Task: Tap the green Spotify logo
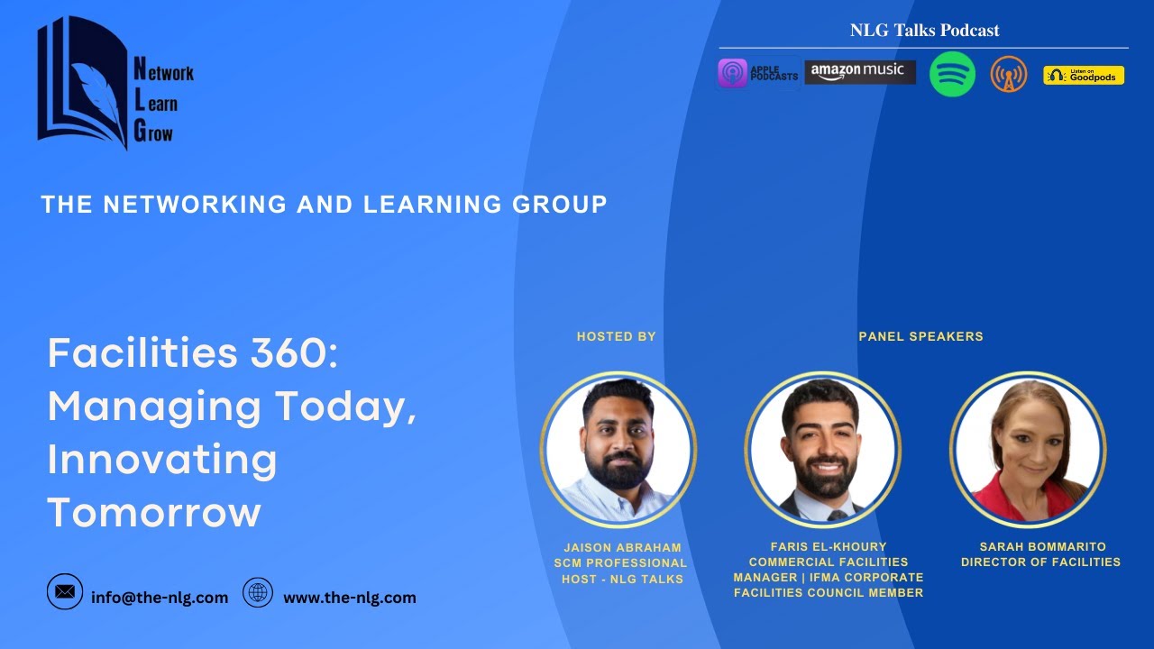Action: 952,74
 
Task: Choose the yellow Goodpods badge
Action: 1084,75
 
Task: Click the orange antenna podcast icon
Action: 1008,74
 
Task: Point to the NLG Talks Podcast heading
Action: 924,31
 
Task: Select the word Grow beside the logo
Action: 153,133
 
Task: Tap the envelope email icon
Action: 65,591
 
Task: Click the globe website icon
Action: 259,592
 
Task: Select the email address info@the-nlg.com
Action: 160,598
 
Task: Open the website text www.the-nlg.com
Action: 350,598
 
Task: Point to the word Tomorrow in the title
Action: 153,513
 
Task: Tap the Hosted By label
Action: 617,336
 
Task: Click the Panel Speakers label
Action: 920,336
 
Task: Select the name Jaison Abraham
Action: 622,547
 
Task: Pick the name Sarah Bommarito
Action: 1042,547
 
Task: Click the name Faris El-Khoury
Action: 829,546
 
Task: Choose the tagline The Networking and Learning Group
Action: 324,205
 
